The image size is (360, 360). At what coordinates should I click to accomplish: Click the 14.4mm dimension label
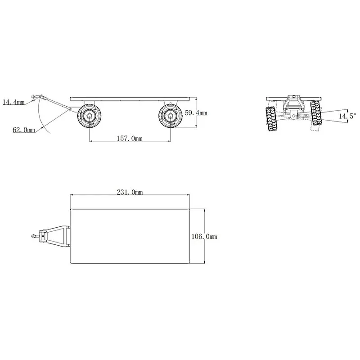click(x=13, y=103)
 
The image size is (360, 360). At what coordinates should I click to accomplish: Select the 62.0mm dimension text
click(x=23, y=130)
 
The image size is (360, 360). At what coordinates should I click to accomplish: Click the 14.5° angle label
click(x=347, y=116)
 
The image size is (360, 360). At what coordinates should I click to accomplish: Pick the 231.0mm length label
click(x=130, y=193)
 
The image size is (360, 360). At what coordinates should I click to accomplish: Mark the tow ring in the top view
click(x=34, y=235)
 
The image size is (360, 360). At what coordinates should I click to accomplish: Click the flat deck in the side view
click(x=130, y=98)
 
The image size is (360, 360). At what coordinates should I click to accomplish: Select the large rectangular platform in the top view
click(x=130, y=236)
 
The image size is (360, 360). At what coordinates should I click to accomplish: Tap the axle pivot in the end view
click(x=294, y=116)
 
